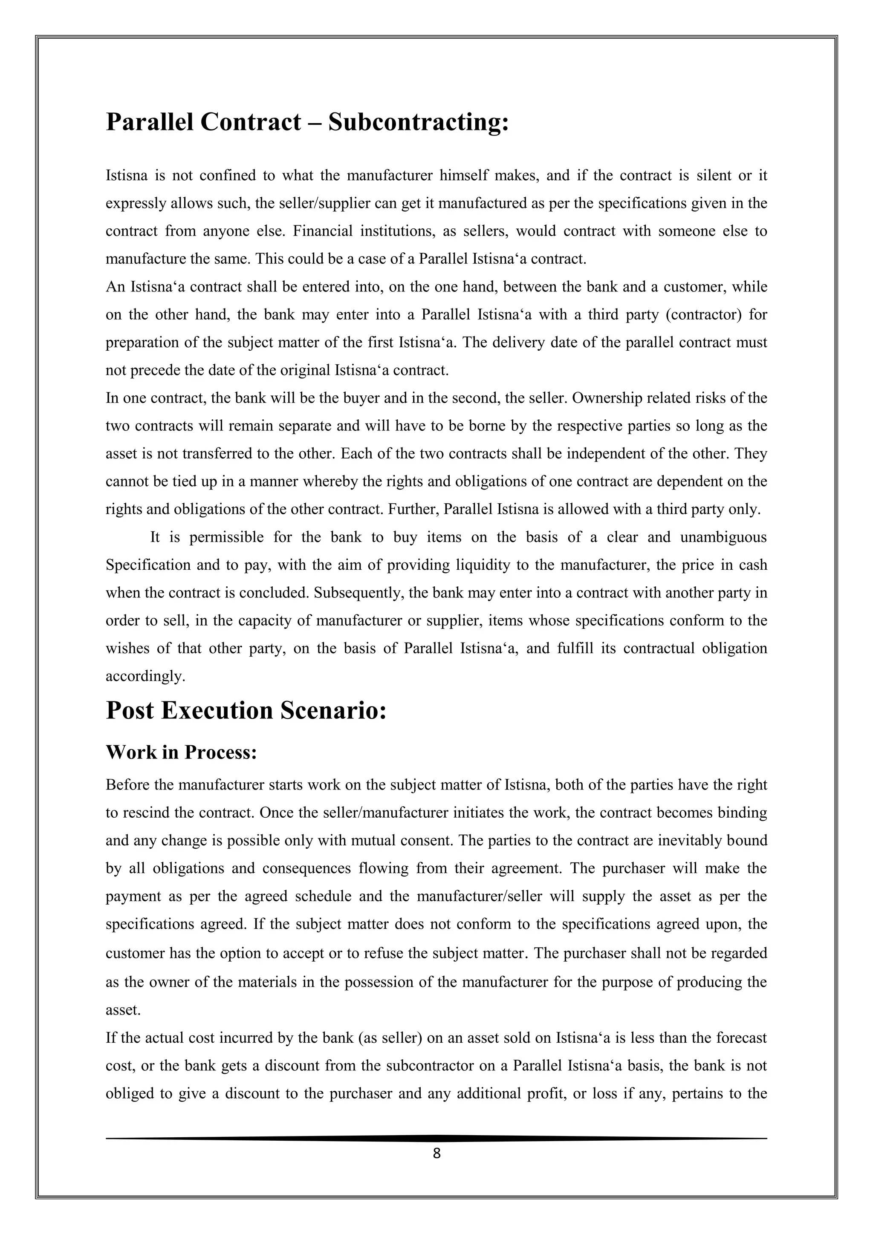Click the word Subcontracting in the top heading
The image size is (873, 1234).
[x=418, y=122]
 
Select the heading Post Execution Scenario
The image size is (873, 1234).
[x=246, y=710]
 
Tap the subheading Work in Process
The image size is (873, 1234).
[x=181, y=752]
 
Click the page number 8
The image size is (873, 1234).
[x=436, y=1153]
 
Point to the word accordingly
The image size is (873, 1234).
[x=145, y=676]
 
